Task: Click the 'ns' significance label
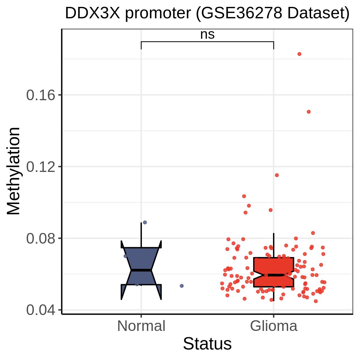click(x=207, y=34)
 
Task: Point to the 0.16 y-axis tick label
click(x=41, y=95)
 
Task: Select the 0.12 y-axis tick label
click(x=41, y=166)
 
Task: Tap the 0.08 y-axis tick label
click(x=41, y=238)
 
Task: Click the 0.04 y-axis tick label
click(x=41, y=310)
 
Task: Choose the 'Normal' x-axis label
click(x=141, y=326)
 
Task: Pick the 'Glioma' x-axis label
click(x=274, y=326)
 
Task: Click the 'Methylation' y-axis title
click(x=13, y=171)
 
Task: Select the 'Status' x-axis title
click(x=207, y=344)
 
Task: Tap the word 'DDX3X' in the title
click(x=92, y=13)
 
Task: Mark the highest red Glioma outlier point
click(x=299, y=54)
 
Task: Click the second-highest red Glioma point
click(x=309, y=112)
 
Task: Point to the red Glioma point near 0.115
click(x=277, y=175)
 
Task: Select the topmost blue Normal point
click(x=145, y=222)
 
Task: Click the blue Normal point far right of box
click(x=182, y=286)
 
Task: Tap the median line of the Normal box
click(x=141, y=270)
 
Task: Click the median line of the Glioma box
click(x=274, y=275)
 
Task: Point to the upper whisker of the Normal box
click(x=141, y=235)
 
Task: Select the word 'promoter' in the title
click(x=158, y=14)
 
